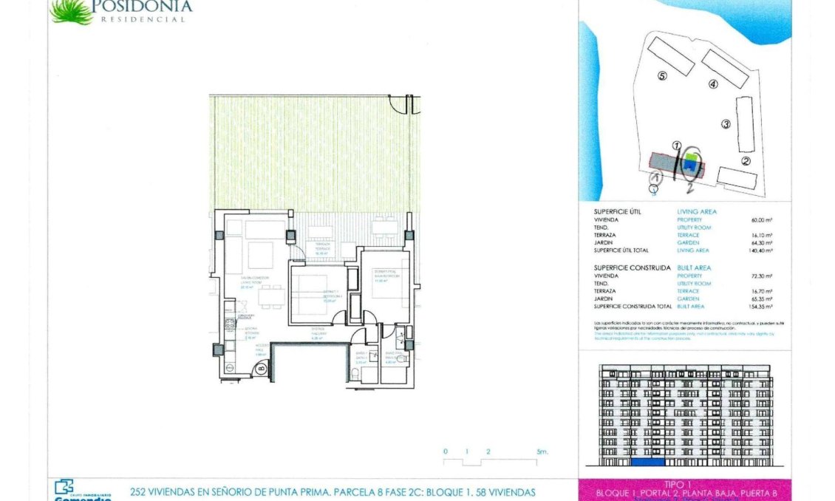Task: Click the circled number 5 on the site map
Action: [x=662, y=75]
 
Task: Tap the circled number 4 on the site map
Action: [x=713, y=84]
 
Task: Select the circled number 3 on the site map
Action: [x=726, y=124]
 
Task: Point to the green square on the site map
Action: [x=692, y=157]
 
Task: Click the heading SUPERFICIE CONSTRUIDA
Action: [x=632, y=267]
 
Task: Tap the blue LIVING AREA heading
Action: [x=696, y=212]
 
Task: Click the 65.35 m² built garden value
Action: [x=762, y=299]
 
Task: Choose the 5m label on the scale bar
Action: [x=542, y=451]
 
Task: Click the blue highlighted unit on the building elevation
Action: [x=647, y=463]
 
